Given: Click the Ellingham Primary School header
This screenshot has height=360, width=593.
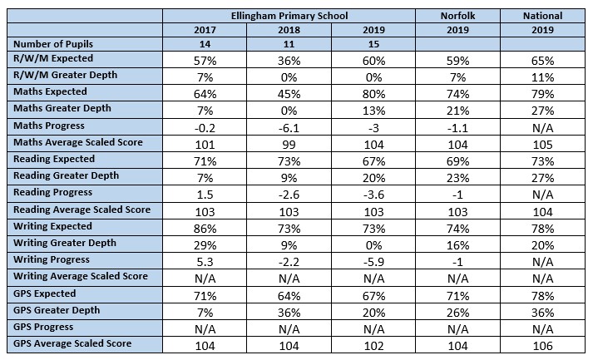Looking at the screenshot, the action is (x=289, y=16).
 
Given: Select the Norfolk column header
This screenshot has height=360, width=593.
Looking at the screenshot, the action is (x=457, y=16).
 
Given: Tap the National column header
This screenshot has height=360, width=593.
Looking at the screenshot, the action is (x=543, y=16).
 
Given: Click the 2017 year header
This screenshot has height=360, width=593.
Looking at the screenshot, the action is (x=205, y=30).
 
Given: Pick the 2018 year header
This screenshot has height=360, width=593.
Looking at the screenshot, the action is (x=289, y=30).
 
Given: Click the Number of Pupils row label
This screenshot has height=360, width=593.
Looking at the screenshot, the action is (x=53, y=44).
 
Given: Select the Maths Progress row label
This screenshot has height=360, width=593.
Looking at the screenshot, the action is (x=49, y=126).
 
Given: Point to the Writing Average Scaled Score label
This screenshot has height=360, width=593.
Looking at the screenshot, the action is (x=81, y=276).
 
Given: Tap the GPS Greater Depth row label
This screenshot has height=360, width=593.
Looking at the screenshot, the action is (x=57, y=310).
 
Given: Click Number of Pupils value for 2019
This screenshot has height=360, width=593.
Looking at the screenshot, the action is (x=373, y=44).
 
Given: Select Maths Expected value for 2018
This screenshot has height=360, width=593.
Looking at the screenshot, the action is (x=289, y=94).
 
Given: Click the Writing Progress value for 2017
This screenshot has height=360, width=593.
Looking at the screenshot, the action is (x=205, y=262).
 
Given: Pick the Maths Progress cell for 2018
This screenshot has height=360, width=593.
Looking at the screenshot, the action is (x=289, y=128).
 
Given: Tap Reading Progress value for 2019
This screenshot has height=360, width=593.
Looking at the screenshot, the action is (x=373, y=195).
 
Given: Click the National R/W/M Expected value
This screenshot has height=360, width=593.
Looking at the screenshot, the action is (x=543, y=61).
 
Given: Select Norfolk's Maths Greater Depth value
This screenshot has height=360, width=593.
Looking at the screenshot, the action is (x=457, y=111).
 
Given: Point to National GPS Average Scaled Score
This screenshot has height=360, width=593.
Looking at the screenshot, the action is (x=543, y=346).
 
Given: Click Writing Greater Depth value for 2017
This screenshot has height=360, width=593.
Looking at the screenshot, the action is (x=205, y=245).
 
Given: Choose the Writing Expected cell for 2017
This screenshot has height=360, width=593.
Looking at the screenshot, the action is (x=205, y=229).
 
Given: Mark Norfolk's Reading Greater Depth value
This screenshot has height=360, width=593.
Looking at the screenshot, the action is (x=457, y=178).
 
